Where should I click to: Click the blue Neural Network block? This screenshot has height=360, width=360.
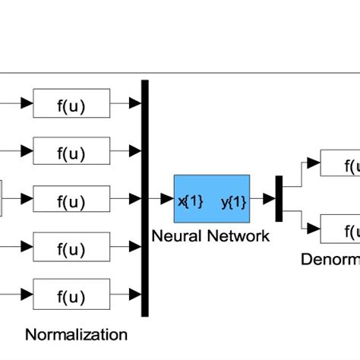[211, 199]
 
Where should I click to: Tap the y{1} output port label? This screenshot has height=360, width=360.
[233, 201]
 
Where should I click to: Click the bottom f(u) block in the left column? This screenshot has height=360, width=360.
[71, 295]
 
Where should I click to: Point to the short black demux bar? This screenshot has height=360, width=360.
[279, 199]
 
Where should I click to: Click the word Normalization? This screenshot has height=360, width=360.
[77, 334]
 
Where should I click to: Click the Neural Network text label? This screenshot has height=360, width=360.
[210, 236]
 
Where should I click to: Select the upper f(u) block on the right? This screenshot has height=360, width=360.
[340, 163]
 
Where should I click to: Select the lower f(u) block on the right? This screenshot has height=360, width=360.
[340, 228]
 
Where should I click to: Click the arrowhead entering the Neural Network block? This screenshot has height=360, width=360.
[168, 199]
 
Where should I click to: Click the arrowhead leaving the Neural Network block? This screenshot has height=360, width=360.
[268, 199]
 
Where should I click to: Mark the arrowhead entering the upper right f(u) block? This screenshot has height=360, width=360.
[314, 163]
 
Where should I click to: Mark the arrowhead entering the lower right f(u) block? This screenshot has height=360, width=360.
[314, 228]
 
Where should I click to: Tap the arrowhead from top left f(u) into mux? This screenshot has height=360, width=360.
[136, 103]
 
